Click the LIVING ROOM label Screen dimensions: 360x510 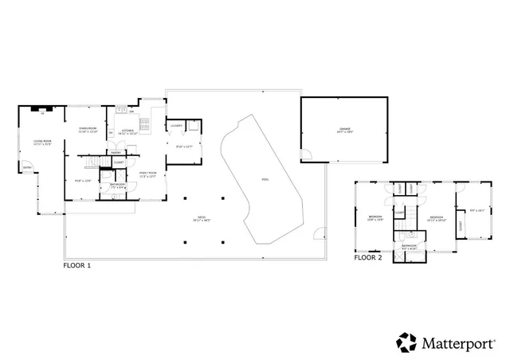(42, 141)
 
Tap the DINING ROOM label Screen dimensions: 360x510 (87, 128)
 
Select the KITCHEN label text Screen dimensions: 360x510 (127, 130)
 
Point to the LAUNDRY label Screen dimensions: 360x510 (176, 126)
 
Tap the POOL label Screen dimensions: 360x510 (265, 179)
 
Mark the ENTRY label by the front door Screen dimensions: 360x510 (27, 167)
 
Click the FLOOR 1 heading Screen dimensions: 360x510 (76, 264)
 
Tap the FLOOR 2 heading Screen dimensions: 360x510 (368, 258)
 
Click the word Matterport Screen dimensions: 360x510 (461, 342)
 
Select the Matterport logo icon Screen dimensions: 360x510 (407, 342)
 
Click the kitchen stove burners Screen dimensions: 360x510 (143, 123)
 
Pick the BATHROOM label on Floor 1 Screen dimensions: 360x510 (117, 184)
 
